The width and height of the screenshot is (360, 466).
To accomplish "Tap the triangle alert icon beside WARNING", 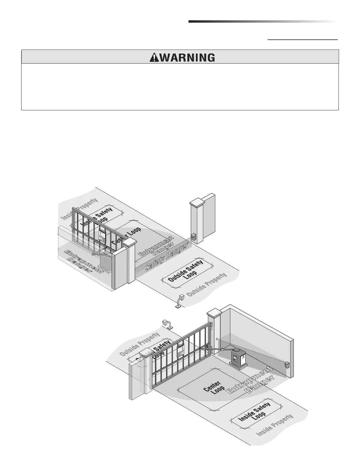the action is (x=153, y=58).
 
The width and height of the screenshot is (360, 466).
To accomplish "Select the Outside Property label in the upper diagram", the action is (x=207, y=284).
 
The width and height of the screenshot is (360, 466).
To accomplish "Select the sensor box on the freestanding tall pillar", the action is (x=194, y=237).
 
